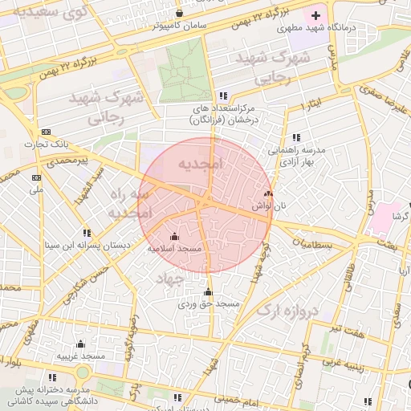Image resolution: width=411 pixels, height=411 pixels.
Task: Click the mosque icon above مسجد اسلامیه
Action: [x=175, y=236]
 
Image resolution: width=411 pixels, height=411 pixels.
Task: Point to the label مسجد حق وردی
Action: [x=209, y=304]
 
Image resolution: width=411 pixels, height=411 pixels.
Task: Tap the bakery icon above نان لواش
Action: [x=268, y=193]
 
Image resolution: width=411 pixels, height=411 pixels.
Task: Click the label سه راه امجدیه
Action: [x=129, y=205]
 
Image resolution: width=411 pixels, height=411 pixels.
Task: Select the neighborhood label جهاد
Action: [x=169, y=277]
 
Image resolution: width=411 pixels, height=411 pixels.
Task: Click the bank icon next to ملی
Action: [x=35, y=177]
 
